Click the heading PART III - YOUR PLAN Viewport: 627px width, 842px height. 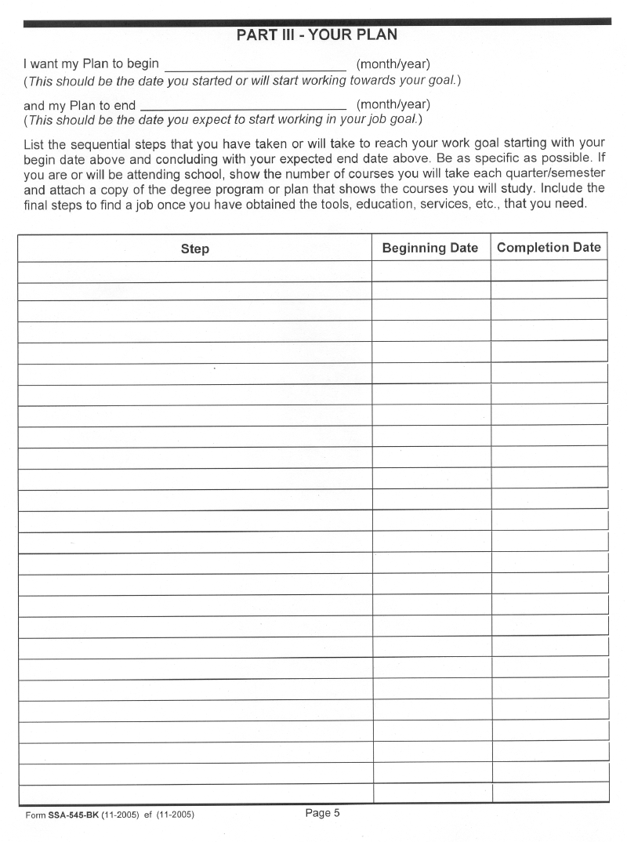[x=317, y=35]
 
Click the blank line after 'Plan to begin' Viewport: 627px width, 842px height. [x=255, y=64]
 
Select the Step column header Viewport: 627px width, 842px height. [x=195, y=249]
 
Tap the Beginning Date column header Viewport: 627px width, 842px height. [x=429, y=248]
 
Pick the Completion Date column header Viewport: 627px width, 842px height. [x=549, y=248]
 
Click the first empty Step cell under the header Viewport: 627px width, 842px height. [x=195, y=271]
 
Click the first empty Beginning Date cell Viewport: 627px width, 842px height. [x=430, y=271]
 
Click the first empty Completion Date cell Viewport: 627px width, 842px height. [x=549, y=271]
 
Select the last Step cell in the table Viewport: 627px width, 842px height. [x=195, y=793]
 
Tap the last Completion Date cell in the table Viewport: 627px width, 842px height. [x=551, y=793]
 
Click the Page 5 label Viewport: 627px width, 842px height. [x=322, y=813]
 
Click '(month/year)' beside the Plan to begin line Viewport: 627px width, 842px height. [x=393, y=64]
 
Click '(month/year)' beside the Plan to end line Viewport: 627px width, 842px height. [x=393, y=104]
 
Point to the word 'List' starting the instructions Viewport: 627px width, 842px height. [x=34, y=143]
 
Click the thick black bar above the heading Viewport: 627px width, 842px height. [x=317, y=24]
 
